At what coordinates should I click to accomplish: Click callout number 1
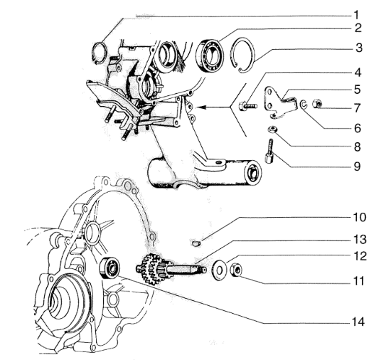356,15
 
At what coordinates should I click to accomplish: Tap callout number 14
358,322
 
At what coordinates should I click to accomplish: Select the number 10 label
359,217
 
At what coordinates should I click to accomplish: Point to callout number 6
358,128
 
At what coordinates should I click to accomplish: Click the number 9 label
358,166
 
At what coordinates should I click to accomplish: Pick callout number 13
360,240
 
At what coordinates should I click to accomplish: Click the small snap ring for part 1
100,53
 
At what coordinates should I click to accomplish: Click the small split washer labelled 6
303,105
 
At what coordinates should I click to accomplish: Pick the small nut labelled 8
272,129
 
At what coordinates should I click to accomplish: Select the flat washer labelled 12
219,270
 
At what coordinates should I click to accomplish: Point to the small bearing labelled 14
109,267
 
